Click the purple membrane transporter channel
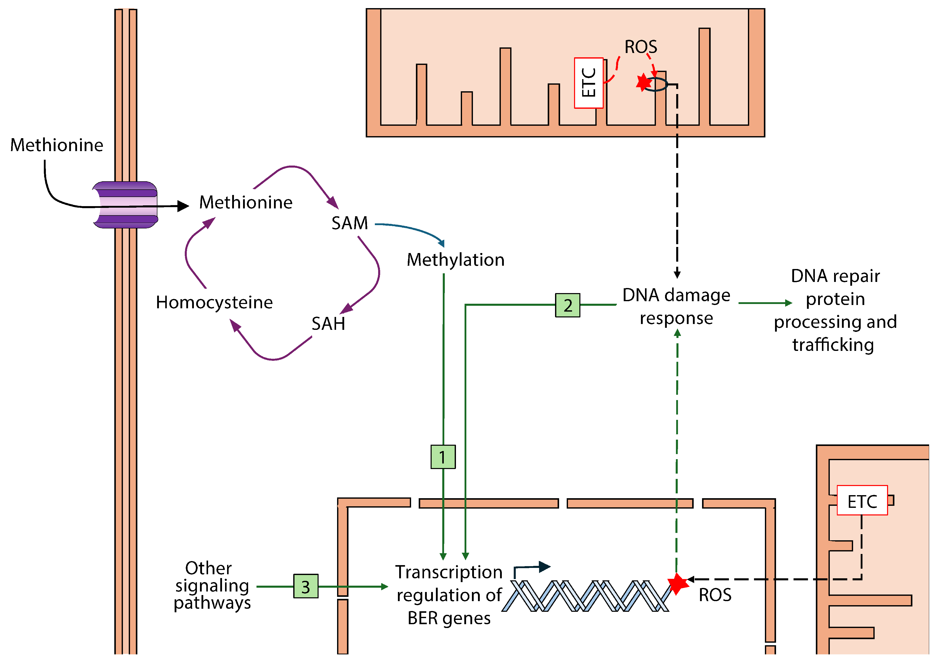point(125,204)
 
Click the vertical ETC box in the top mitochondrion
point(588,83)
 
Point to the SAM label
point(350,223)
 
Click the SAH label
point(328,324)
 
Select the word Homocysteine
point(214,302)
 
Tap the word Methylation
point(455,260)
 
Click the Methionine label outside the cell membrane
point(57,145)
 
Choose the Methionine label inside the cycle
point(246,202)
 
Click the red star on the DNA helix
point(677,583)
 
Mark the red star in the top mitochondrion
point(643,82)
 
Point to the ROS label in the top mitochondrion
point(640,47)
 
